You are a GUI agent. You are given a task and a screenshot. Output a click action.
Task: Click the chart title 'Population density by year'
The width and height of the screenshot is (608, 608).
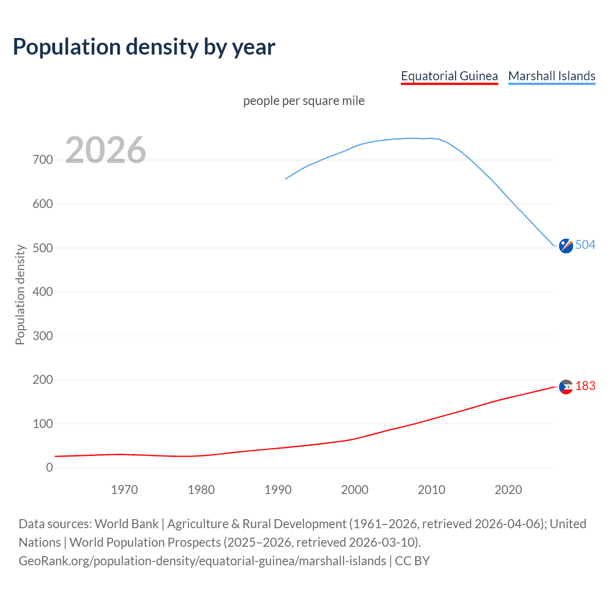[x=144, y=47]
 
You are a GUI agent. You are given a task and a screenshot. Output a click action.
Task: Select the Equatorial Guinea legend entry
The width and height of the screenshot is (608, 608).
[x=449, y=76]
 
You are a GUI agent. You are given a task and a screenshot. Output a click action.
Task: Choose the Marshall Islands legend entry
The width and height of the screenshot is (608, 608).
[x=551, y=76]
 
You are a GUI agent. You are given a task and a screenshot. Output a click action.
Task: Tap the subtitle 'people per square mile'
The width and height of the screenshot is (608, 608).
[x=304, y=101]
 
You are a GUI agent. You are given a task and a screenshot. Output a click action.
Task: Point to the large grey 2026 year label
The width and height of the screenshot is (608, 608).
[x=105, y=150]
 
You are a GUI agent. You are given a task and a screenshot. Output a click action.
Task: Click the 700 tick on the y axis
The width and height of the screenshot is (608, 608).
[x=43, y=160]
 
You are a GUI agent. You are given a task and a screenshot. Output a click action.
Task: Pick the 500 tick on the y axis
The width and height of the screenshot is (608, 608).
[x=43, y=248]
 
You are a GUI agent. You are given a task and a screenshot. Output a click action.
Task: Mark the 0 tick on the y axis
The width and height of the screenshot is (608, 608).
[x=49, y=468]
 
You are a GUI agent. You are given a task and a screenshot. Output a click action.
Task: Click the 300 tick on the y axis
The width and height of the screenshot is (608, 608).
[x=43, y=336]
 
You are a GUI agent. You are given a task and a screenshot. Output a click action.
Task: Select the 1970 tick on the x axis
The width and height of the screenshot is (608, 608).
[x=124, y=490]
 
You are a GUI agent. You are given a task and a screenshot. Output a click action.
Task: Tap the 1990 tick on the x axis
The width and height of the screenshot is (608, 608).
[x=278, y=490]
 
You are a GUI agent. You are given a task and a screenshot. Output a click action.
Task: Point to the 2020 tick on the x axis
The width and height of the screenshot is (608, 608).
[x=508, y=490]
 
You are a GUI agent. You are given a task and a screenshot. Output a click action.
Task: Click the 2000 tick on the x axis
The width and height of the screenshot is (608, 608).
[x=355, y=490]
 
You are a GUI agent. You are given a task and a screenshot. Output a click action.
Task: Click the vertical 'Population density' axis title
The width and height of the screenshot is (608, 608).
[x=20, y=294]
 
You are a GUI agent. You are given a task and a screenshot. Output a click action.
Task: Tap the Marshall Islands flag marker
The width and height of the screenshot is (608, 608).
[x=566, y=246]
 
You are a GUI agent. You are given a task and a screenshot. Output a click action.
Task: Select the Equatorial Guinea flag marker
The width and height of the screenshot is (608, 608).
[x=566, y=387]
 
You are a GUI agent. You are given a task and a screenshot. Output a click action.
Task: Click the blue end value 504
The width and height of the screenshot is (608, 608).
[x=585, y=245]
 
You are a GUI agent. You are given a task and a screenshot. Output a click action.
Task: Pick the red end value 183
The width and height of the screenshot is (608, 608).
[x=585, y=386]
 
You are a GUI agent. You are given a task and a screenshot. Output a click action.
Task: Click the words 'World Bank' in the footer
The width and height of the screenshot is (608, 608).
[x=126, y=524]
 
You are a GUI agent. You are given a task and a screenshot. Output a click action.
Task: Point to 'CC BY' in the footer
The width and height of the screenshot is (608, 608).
[x=412, y=561]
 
